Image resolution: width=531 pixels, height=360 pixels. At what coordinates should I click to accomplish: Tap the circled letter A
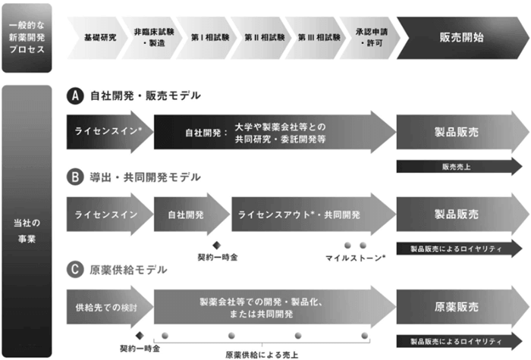(74, 96)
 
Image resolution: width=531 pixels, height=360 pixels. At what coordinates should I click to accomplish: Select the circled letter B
(74, 177)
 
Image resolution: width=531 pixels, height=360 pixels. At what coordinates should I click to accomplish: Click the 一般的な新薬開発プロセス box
(27, 37)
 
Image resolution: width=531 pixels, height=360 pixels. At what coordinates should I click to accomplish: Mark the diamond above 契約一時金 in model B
(216, 245)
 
